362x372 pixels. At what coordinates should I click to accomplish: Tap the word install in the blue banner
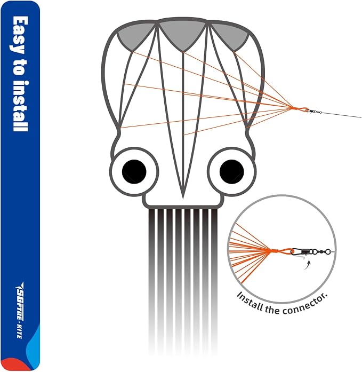pyautogui.click(x=20, y=106)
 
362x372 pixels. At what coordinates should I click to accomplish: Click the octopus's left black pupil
pyautogui.click(x=134, y=171)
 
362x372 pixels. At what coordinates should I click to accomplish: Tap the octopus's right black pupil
pyautogui.click(x=232, y=171)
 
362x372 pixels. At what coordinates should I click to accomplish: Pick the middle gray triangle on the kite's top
pyautogui.click(x=183, y=34)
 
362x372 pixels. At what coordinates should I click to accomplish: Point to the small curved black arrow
pyautogui.click(x=307, y=265)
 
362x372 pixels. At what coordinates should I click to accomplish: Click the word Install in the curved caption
pyautogui.click(x=250, y=302)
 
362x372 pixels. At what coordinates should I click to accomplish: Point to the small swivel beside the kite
pyautogui.click(x=313, y=111)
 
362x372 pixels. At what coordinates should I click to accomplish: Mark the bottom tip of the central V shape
pyautogui.click(x=183, y=199)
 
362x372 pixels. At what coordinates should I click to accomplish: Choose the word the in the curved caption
pyautogui.click(x=272, y=308)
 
